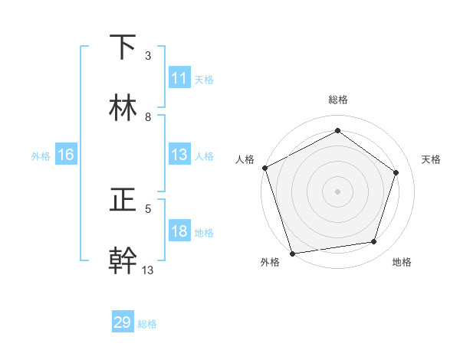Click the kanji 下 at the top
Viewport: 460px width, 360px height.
point(123,47)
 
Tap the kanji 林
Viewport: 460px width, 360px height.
point(123,108)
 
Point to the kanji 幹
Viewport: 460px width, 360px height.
point(123,260)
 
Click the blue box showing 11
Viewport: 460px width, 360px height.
point(179,78)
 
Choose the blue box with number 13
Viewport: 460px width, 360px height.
point(179,155)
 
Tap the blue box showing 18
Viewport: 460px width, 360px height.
point(179,231)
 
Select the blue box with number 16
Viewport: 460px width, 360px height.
point(66,155)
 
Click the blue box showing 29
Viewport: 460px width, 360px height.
point(123,322)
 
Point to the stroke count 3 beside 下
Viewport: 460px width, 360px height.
point(148,56)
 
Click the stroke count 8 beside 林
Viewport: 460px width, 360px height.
point(148,117)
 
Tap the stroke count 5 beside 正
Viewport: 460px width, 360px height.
point(148,208)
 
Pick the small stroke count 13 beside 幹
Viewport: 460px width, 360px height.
point(148,270)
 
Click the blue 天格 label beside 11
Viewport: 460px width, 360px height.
point(204,79)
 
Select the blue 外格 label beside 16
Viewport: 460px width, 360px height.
point(41,155)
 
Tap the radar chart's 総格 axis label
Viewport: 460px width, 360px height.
point(337,100)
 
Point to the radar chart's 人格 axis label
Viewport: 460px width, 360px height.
point(245,159)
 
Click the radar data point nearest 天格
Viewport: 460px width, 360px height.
point(396,172)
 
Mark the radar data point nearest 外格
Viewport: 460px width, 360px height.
point(292,253)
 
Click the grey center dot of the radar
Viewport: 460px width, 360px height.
point(337,191)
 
